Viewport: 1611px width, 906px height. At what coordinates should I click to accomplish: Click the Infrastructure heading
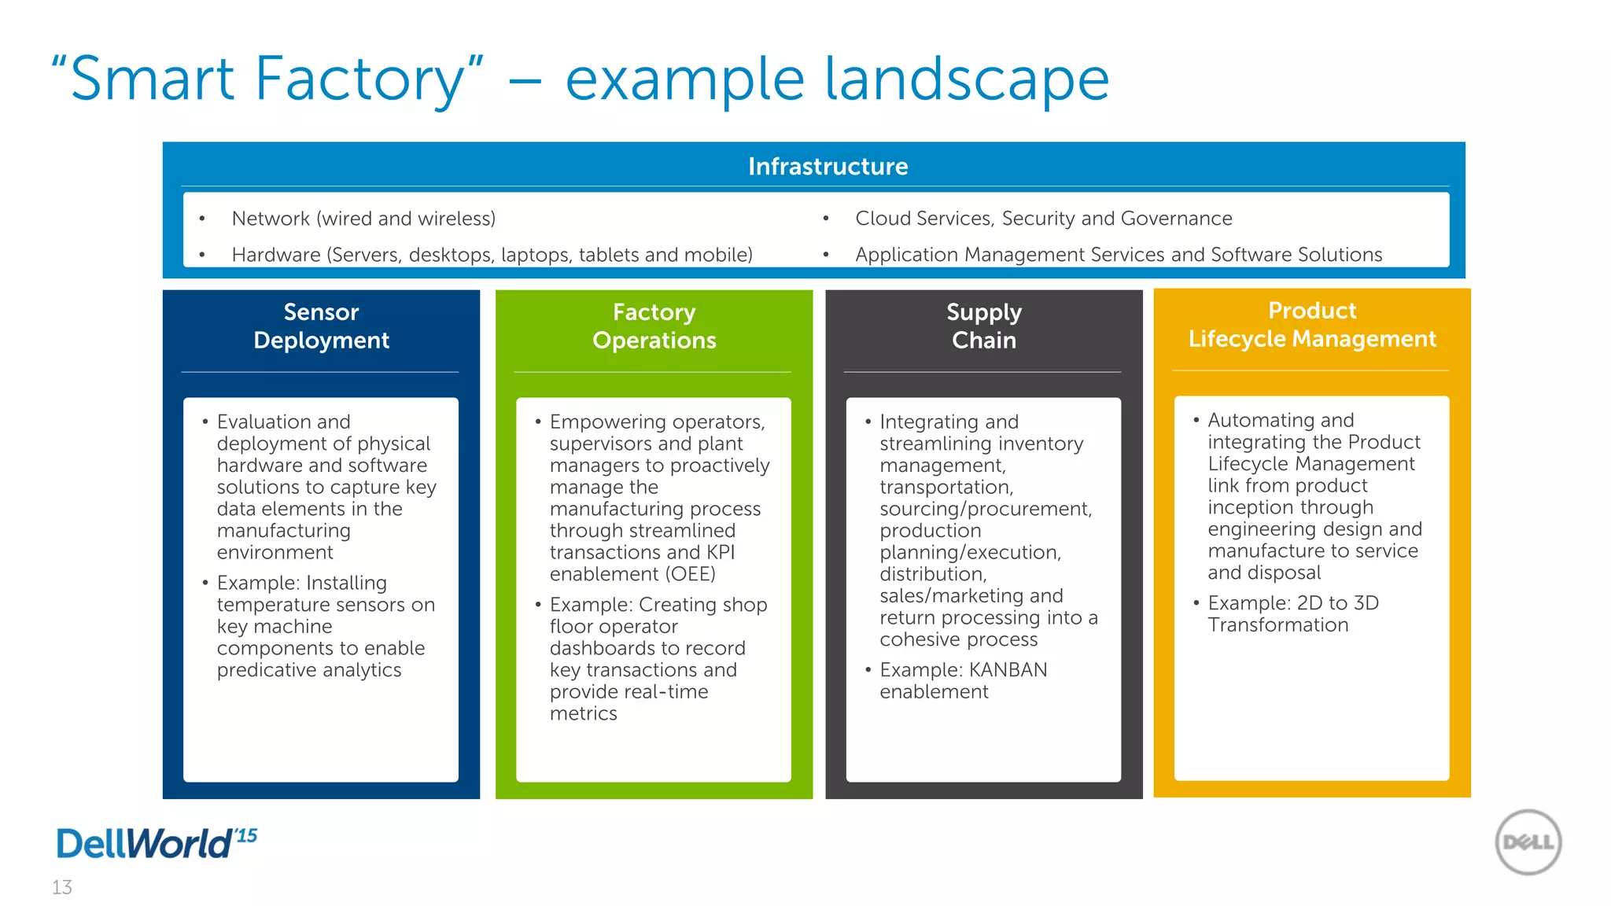pos(828,167)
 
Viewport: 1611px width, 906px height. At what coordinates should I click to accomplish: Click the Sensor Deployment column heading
pos(321,326)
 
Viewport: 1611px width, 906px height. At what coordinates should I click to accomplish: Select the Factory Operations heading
pos(654,326)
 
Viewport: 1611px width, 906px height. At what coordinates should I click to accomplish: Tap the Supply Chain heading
pos(983,326)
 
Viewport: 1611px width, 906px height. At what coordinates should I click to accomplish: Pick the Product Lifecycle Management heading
pos(1311,325)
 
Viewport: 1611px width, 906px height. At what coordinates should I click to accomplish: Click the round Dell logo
pos(1528,842)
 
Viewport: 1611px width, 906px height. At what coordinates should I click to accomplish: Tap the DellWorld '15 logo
pos(156,843)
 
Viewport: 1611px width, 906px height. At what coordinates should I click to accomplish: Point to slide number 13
pos(62,887)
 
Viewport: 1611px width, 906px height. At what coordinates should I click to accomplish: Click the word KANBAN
pos(1008,670)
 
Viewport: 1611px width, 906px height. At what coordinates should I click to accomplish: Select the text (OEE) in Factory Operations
pos(691,574)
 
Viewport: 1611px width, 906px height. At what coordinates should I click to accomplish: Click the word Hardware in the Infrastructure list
pos(275,255)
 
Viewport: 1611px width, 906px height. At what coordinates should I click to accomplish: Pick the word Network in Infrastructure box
pos(270,219)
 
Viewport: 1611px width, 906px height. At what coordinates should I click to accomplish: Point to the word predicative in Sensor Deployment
pos(267,670)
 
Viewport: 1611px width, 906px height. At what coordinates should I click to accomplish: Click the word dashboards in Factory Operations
pos(597,649)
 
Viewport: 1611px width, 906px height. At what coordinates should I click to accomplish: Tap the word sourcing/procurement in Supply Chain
pos(985,510)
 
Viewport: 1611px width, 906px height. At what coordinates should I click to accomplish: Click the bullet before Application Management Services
pos(826,255)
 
